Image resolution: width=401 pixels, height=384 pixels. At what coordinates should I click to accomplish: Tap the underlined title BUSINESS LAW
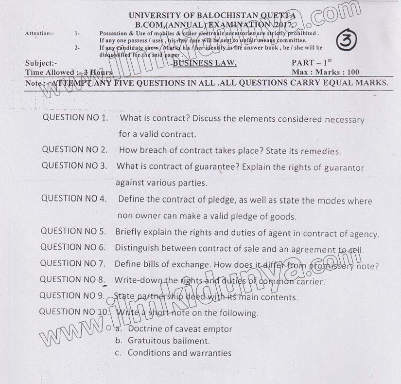click(205, 63)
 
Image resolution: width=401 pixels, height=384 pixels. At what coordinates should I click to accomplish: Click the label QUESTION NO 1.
click(75, 117)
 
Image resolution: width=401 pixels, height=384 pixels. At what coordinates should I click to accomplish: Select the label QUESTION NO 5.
click(73, 231)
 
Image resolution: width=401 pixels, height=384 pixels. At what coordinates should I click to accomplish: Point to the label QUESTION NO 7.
click(72, 263)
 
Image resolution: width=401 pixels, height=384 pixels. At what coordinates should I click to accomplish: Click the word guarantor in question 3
click(345, 167)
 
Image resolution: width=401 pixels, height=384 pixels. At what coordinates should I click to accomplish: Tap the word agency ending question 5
click(363, 234)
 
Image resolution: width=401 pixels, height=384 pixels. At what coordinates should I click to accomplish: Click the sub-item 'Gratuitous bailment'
click(168, 341)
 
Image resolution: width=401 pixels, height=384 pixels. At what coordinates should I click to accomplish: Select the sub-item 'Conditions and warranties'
click(179, 353)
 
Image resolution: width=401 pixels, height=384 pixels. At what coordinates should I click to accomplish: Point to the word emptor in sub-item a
click(216, 329)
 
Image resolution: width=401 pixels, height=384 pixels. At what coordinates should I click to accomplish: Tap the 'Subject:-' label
click(41, 63)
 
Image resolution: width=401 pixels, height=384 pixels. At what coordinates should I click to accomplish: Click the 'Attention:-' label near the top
click(39, 33)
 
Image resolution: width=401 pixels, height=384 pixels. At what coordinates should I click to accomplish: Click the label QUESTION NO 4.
click(73, 198)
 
